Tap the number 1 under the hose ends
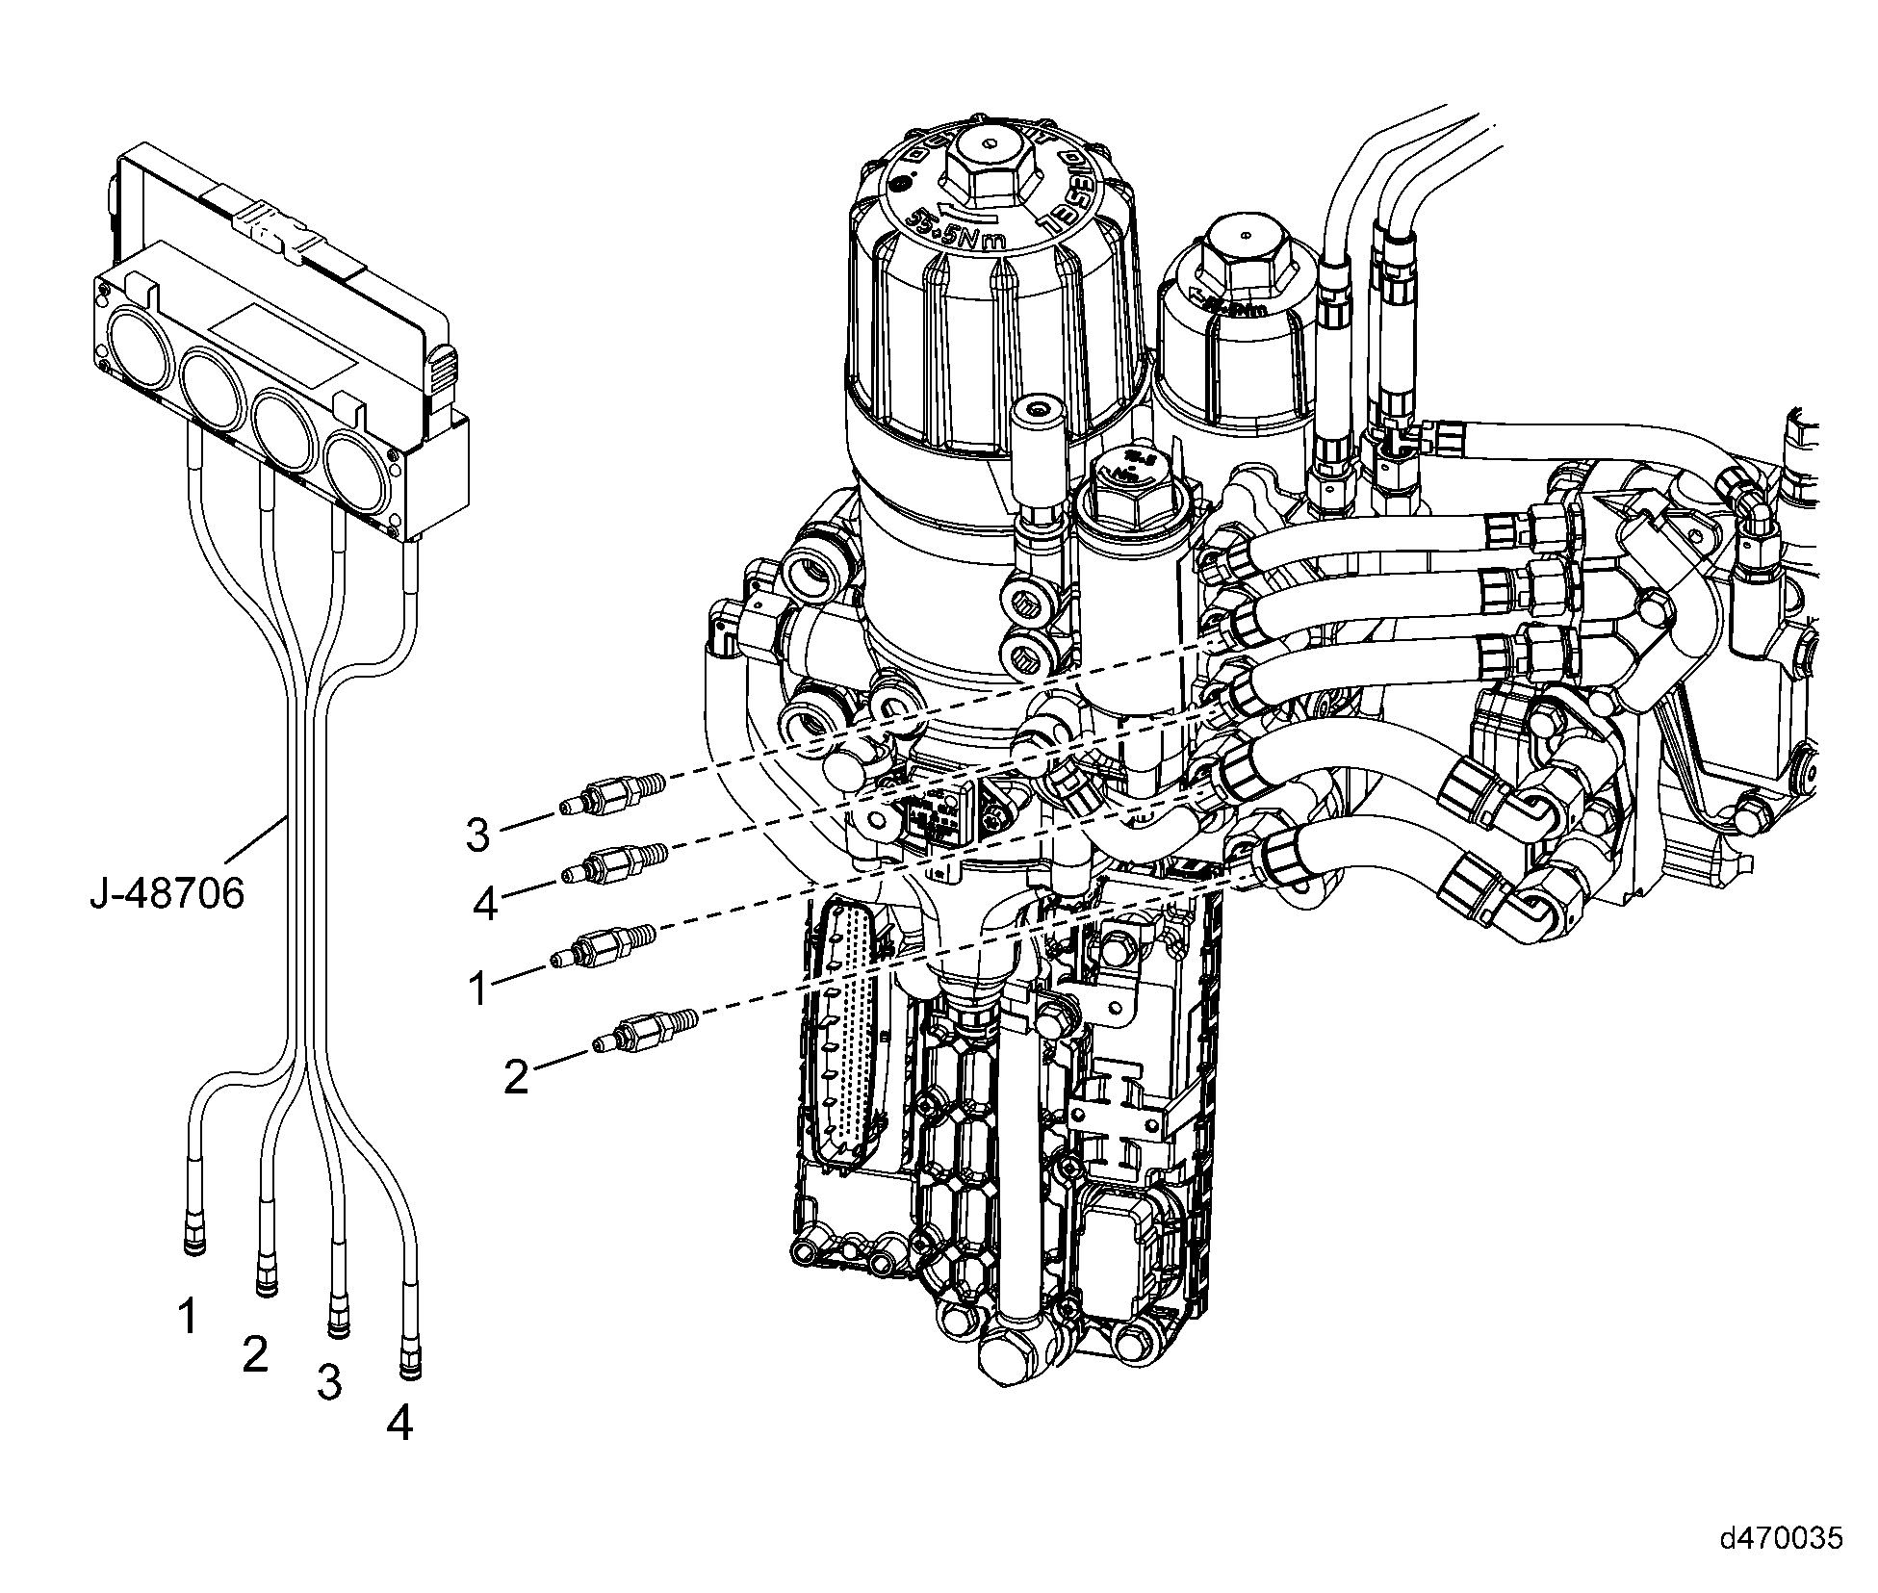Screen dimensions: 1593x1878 click(188, 1316)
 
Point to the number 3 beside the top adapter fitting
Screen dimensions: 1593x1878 click(478, 835)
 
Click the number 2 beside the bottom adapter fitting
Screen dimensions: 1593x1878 click(517, 1077)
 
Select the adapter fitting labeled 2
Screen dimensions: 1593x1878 click(645, 1029)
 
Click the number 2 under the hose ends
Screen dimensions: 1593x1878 click(255, 1355)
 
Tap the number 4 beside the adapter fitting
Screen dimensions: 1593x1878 click(486, 904)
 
